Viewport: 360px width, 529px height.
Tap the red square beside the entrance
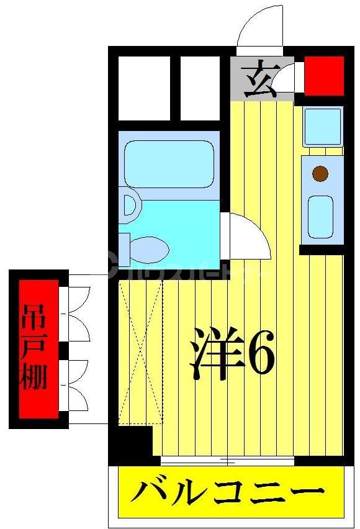click(x=323, y=75)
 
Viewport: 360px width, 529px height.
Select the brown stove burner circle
click(x=320, y=173)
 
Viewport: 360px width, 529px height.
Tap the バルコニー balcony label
click(x=228, y=494)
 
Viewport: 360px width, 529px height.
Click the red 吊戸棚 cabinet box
click(x=38, y=348)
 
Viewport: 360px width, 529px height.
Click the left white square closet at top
click(x=143, y=88)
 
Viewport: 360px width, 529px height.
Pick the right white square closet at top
click(x=200, y=88)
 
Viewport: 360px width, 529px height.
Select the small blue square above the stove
click(x=322, y=127)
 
